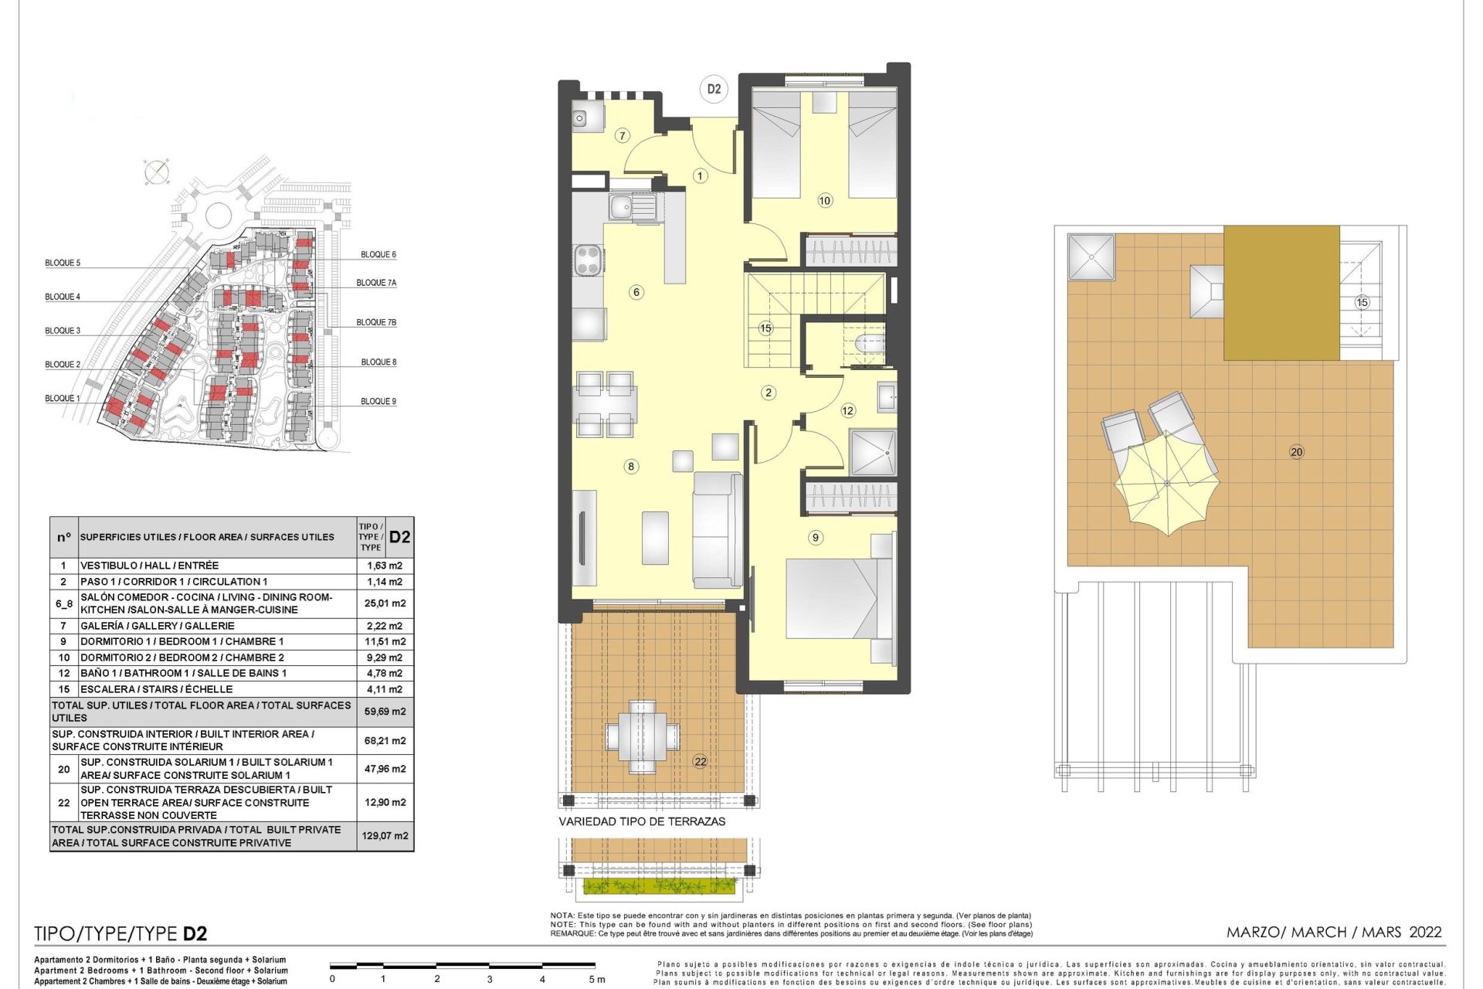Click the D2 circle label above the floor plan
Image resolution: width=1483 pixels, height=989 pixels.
pos(714,89)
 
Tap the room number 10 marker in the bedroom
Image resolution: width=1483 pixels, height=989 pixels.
pos(825,201)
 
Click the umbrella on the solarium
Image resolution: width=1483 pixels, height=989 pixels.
pos(1167,484)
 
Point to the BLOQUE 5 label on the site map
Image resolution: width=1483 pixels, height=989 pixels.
pos(63,263)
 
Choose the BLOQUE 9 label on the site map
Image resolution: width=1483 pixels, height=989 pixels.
pos(378,401)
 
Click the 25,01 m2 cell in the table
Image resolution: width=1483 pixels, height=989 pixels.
pos(385,603)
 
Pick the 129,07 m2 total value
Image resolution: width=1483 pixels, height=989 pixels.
pos(385,836)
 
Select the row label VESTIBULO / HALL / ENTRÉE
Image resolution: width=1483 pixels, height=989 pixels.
pos(149,566)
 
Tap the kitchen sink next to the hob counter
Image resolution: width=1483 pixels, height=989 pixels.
pos(632,208)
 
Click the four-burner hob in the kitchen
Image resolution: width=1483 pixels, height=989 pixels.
pos(587,259)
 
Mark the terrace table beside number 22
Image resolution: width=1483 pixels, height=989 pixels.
pos(643,736)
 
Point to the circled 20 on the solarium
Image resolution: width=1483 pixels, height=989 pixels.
pos(1297,452)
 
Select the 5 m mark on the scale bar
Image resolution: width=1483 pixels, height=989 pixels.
pos(597,979)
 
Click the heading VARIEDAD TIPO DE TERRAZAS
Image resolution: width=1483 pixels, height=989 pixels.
pos(642,821)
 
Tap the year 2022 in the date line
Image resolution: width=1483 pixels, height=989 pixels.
pos(1425,932)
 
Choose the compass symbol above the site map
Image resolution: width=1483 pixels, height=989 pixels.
pos(157,172)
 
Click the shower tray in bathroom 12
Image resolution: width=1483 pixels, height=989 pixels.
pos(873,452)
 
